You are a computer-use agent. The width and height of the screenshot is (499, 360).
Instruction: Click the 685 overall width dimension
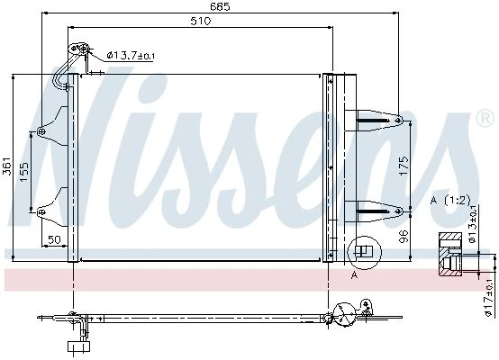pyautogui.click(x=220, y=6)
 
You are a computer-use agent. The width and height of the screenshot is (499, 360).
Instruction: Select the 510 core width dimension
pyautogui.click(x=201, y=21)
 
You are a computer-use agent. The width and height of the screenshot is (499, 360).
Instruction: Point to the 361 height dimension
pyautogui.click(x=7, y=166)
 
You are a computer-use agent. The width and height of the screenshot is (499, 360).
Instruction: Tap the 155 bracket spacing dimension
pyautogui.click(x=24, y=172)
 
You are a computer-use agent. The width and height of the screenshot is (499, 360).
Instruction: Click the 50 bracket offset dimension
pyautogui.click(x=54, y=239)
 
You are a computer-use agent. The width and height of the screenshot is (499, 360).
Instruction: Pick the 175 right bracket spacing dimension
pyautogui.click(x=404, y=166)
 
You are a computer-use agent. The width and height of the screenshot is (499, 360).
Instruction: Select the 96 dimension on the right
pyautogui.click(x=404, y=237)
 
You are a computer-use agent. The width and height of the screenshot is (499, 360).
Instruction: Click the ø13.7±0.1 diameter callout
pyautogui.click(x=131, y=56)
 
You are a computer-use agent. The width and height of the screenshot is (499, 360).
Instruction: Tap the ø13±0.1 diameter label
pyautogui.click(x=473, y=223)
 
